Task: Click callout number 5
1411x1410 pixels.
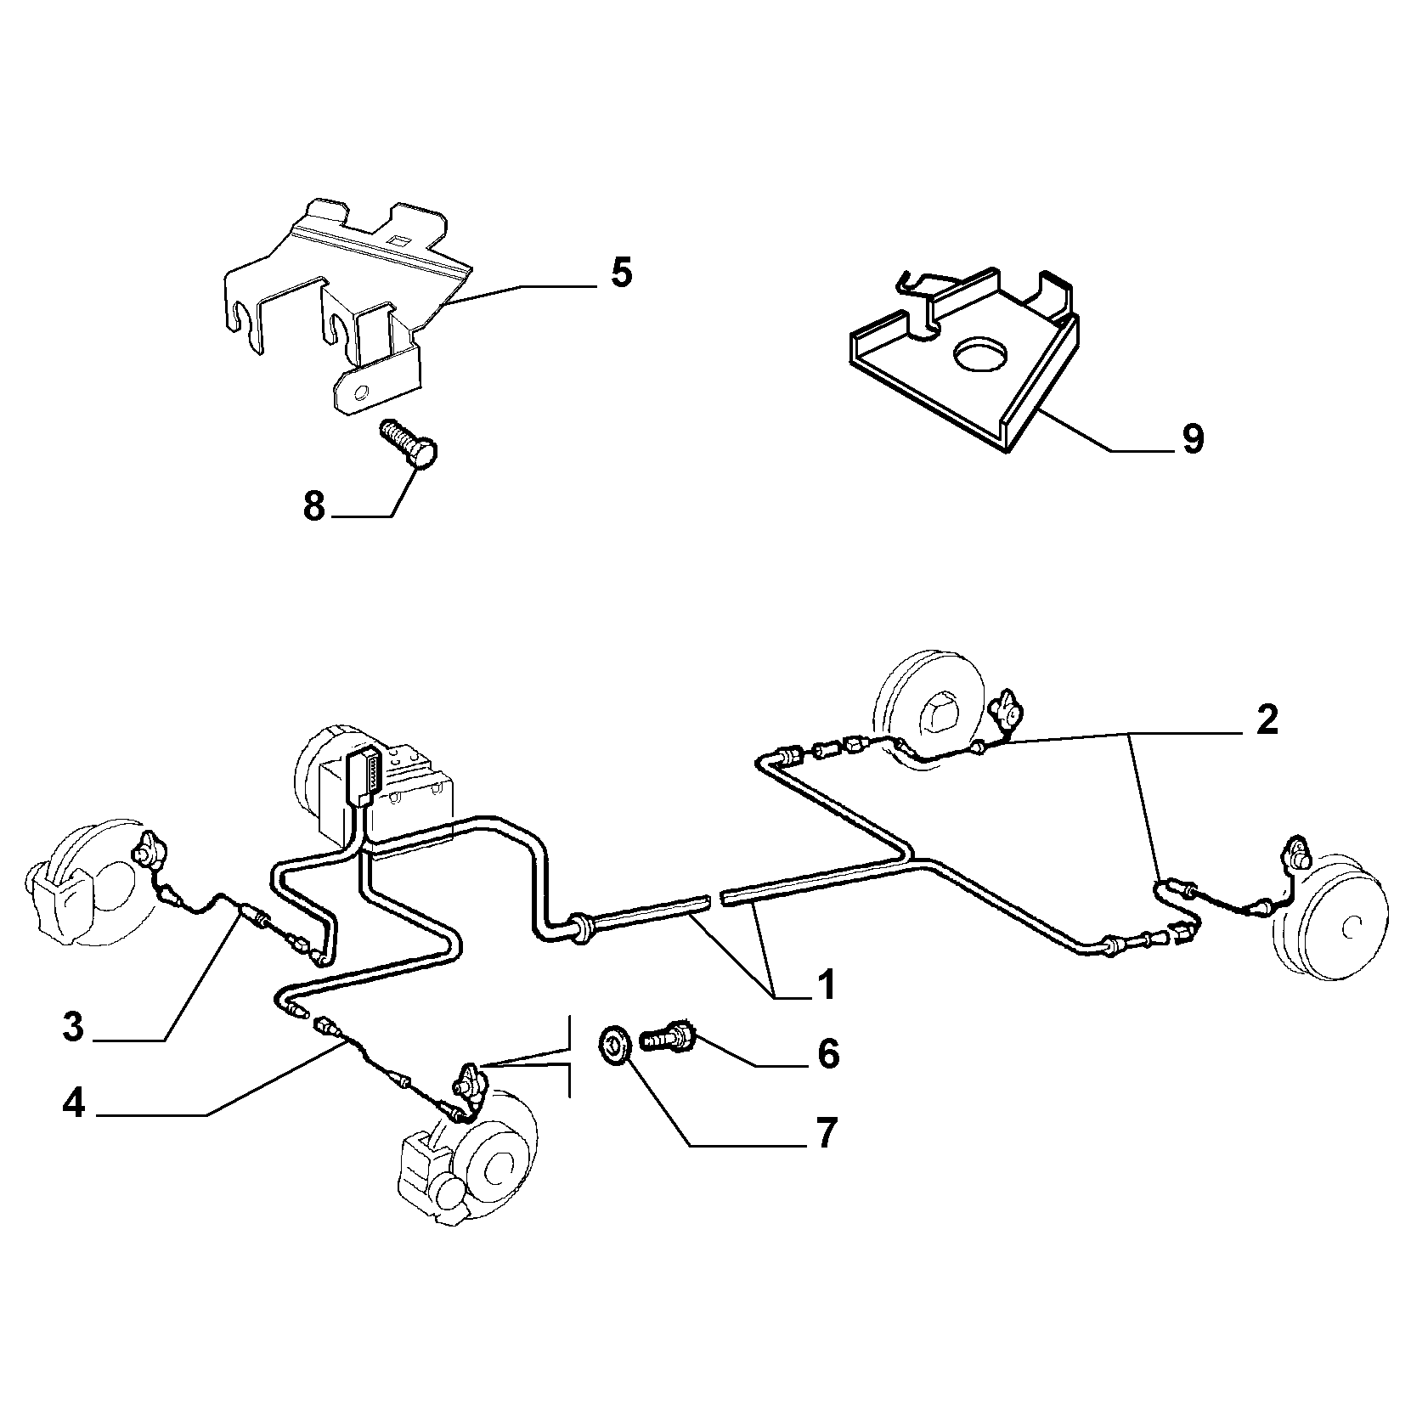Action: [621, 274]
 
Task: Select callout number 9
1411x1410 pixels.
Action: [1193, 439]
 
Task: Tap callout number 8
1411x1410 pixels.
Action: [314, 507]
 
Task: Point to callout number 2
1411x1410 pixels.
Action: [1266, 721]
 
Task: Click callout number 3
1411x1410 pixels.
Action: [74, 1027]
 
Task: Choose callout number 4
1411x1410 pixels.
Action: [74, 1103]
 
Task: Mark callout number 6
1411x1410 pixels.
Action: [827, 1053]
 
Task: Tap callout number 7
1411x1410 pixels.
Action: [827, 1133]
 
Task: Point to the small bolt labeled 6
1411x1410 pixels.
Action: [671, 1036]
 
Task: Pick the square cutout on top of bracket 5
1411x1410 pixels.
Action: [395, 240]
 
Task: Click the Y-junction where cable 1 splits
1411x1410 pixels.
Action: [911, 854]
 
